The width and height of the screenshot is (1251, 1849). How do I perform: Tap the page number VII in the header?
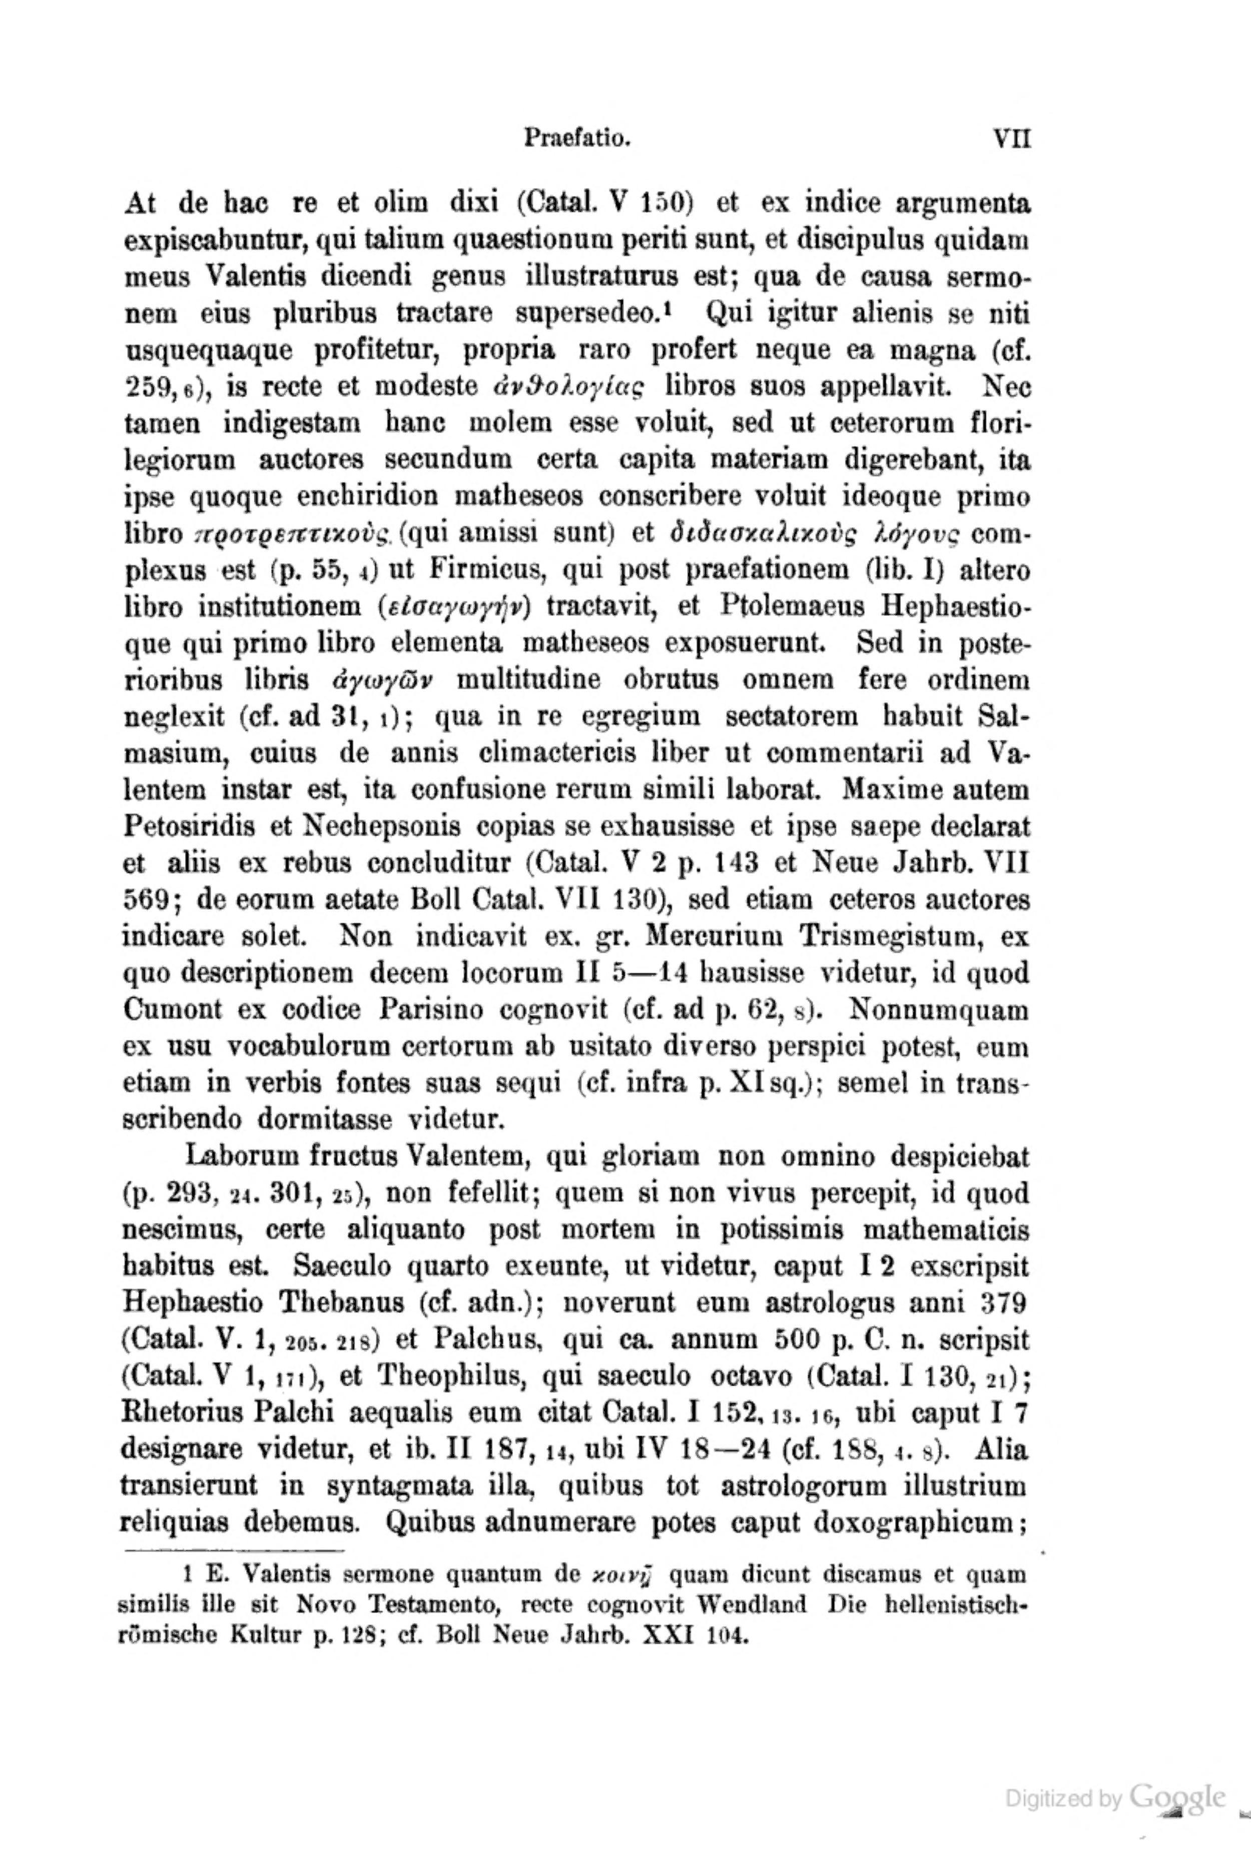click(1011, 140)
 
